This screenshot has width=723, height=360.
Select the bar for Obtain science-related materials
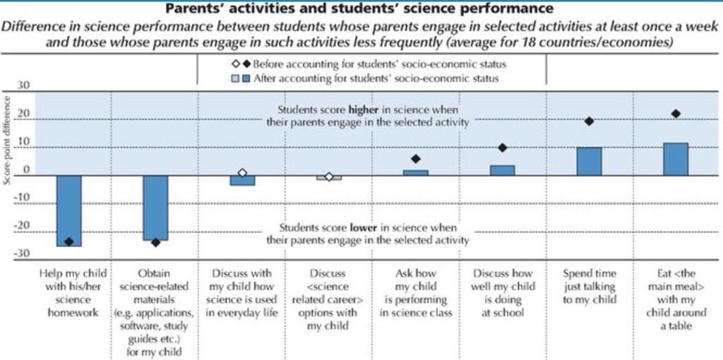[155, 208]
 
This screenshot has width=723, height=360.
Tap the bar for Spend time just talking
[589, 161]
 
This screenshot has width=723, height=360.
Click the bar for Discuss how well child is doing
[503, 170]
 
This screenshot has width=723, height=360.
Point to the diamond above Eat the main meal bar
[676, 114]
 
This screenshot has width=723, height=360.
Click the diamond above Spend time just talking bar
[589, 121]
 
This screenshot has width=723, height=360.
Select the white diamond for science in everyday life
[242, 173]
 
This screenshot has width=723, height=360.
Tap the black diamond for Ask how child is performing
[416, 159]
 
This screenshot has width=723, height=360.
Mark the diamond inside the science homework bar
[69, 241]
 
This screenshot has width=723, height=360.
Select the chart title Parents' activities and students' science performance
[359, 10]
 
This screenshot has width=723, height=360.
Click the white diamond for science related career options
[329, 176]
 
